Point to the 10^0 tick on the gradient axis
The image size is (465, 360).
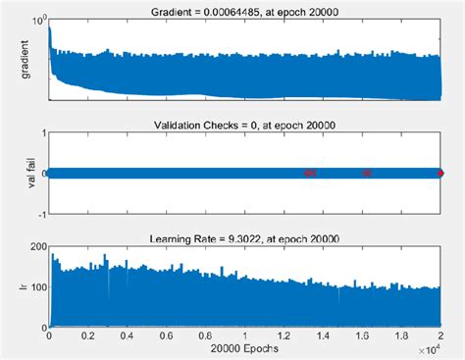[x=37, y=21]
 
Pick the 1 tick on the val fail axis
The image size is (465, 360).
[x=41, y=137]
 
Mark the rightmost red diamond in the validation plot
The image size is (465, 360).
[x=440, y=174]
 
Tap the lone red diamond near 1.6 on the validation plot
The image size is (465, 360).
[x=367, y=174]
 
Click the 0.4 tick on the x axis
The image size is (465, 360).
[x=128, y=335]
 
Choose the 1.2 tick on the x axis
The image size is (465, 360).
[x=284, y=335]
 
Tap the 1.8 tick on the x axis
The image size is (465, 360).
[x=401, y=335]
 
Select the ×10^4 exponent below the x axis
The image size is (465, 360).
[x=429, y=349]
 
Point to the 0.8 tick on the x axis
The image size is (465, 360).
[x=206, y=335]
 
